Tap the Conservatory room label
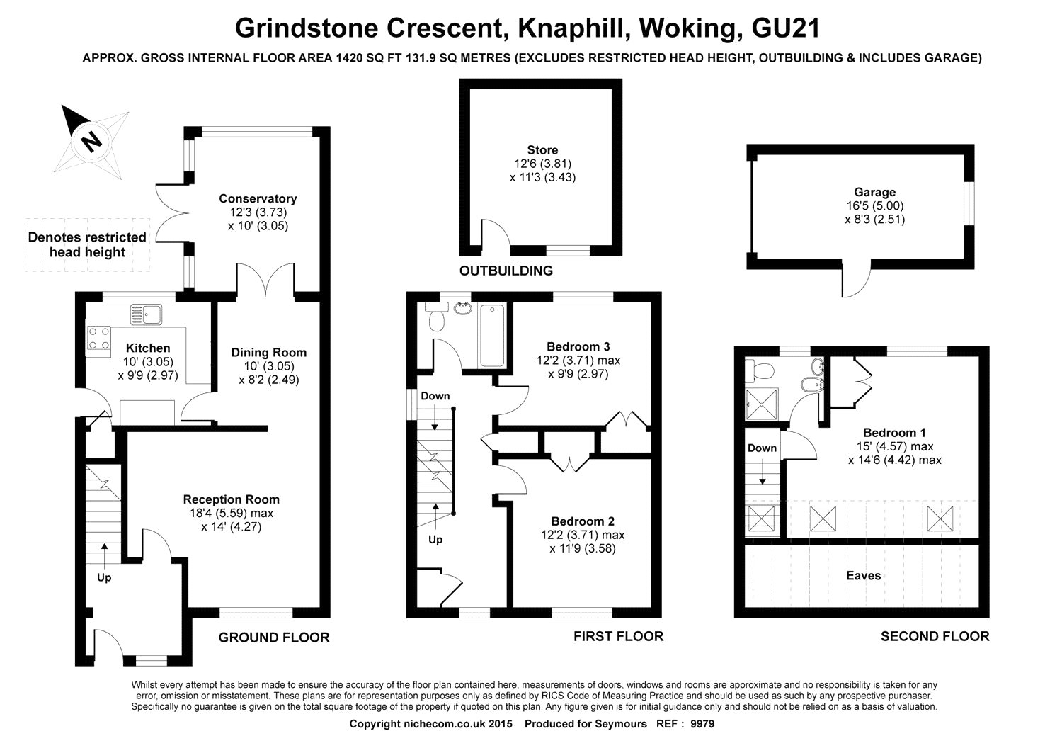pyautogui.click(x=258, y=199)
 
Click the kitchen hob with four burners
pyautogui.click(x=99, y=338)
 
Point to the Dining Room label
pyautogui.click(x=269, y=353)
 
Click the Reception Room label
pyautogui.click(x=232, y=499)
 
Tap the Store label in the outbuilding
pyautogui.click(x=542, y=150)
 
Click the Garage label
pyautogui.click(x=874, y=192)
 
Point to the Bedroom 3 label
pyautogui.click(x=578, y=347)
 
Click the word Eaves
pyautogui.click(x=864, y=575)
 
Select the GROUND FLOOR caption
pyautogui.click(x=273, y=637)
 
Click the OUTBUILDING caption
pyautogui.click(x=506, y=271)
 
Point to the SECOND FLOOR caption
pyautogui.click(x=935, y=636)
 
